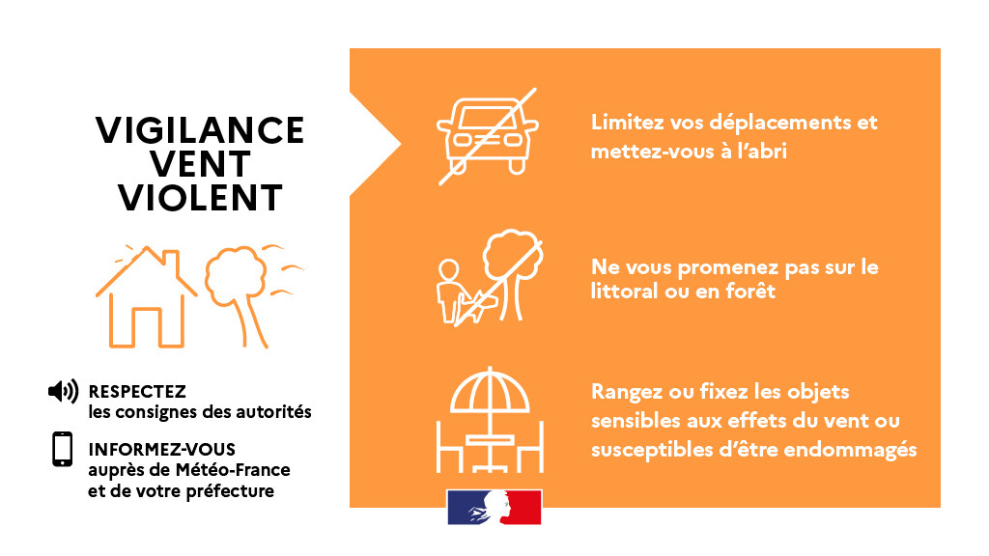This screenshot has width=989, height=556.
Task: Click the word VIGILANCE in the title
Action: [x=200, y=130]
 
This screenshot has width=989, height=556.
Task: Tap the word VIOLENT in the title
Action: [x=200, y=197]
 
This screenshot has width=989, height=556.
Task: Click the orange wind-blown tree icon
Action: [x=246, y=290]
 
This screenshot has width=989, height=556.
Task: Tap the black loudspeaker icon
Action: [x=63, y=391]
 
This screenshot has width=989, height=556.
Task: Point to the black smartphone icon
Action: [x=63, y=450]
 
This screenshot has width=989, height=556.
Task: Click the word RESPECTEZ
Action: [x=137, y=391]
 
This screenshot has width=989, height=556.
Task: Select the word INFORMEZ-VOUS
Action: [x=161, y=450]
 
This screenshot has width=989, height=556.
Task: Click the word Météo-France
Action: [x=233, y=470]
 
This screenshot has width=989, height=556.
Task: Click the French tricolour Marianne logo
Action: [x=494, y=508]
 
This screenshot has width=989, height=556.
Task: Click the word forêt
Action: [x=750, y=291]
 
